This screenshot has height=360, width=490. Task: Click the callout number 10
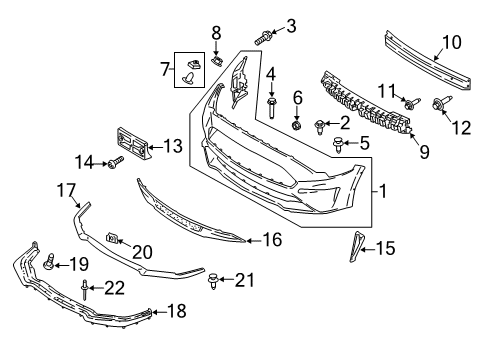tap(452, 42)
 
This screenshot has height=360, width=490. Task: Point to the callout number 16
tap(271, 240)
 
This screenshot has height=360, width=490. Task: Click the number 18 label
tap(176, 312)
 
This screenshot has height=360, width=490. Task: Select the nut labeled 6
tap(296, 124)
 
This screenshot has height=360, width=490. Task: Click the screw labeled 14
tap(115, 161)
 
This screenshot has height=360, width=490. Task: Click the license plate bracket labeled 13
tap(134, 142)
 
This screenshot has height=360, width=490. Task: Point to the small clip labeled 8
tap(214, 61)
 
